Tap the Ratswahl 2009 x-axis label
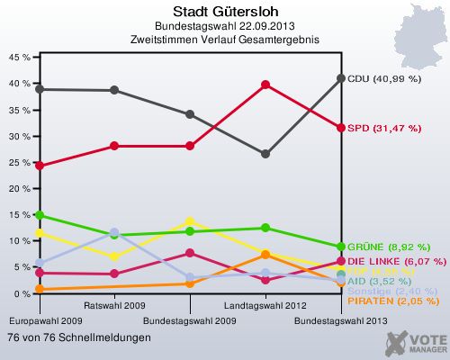click(x=113, y=306)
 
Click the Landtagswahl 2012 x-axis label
click(x=265, y=306)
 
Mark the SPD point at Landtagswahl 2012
click(x=265, y=85)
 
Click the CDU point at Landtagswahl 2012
click(x=265, y=154)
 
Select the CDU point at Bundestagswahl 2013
click(x=341, y=78)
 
